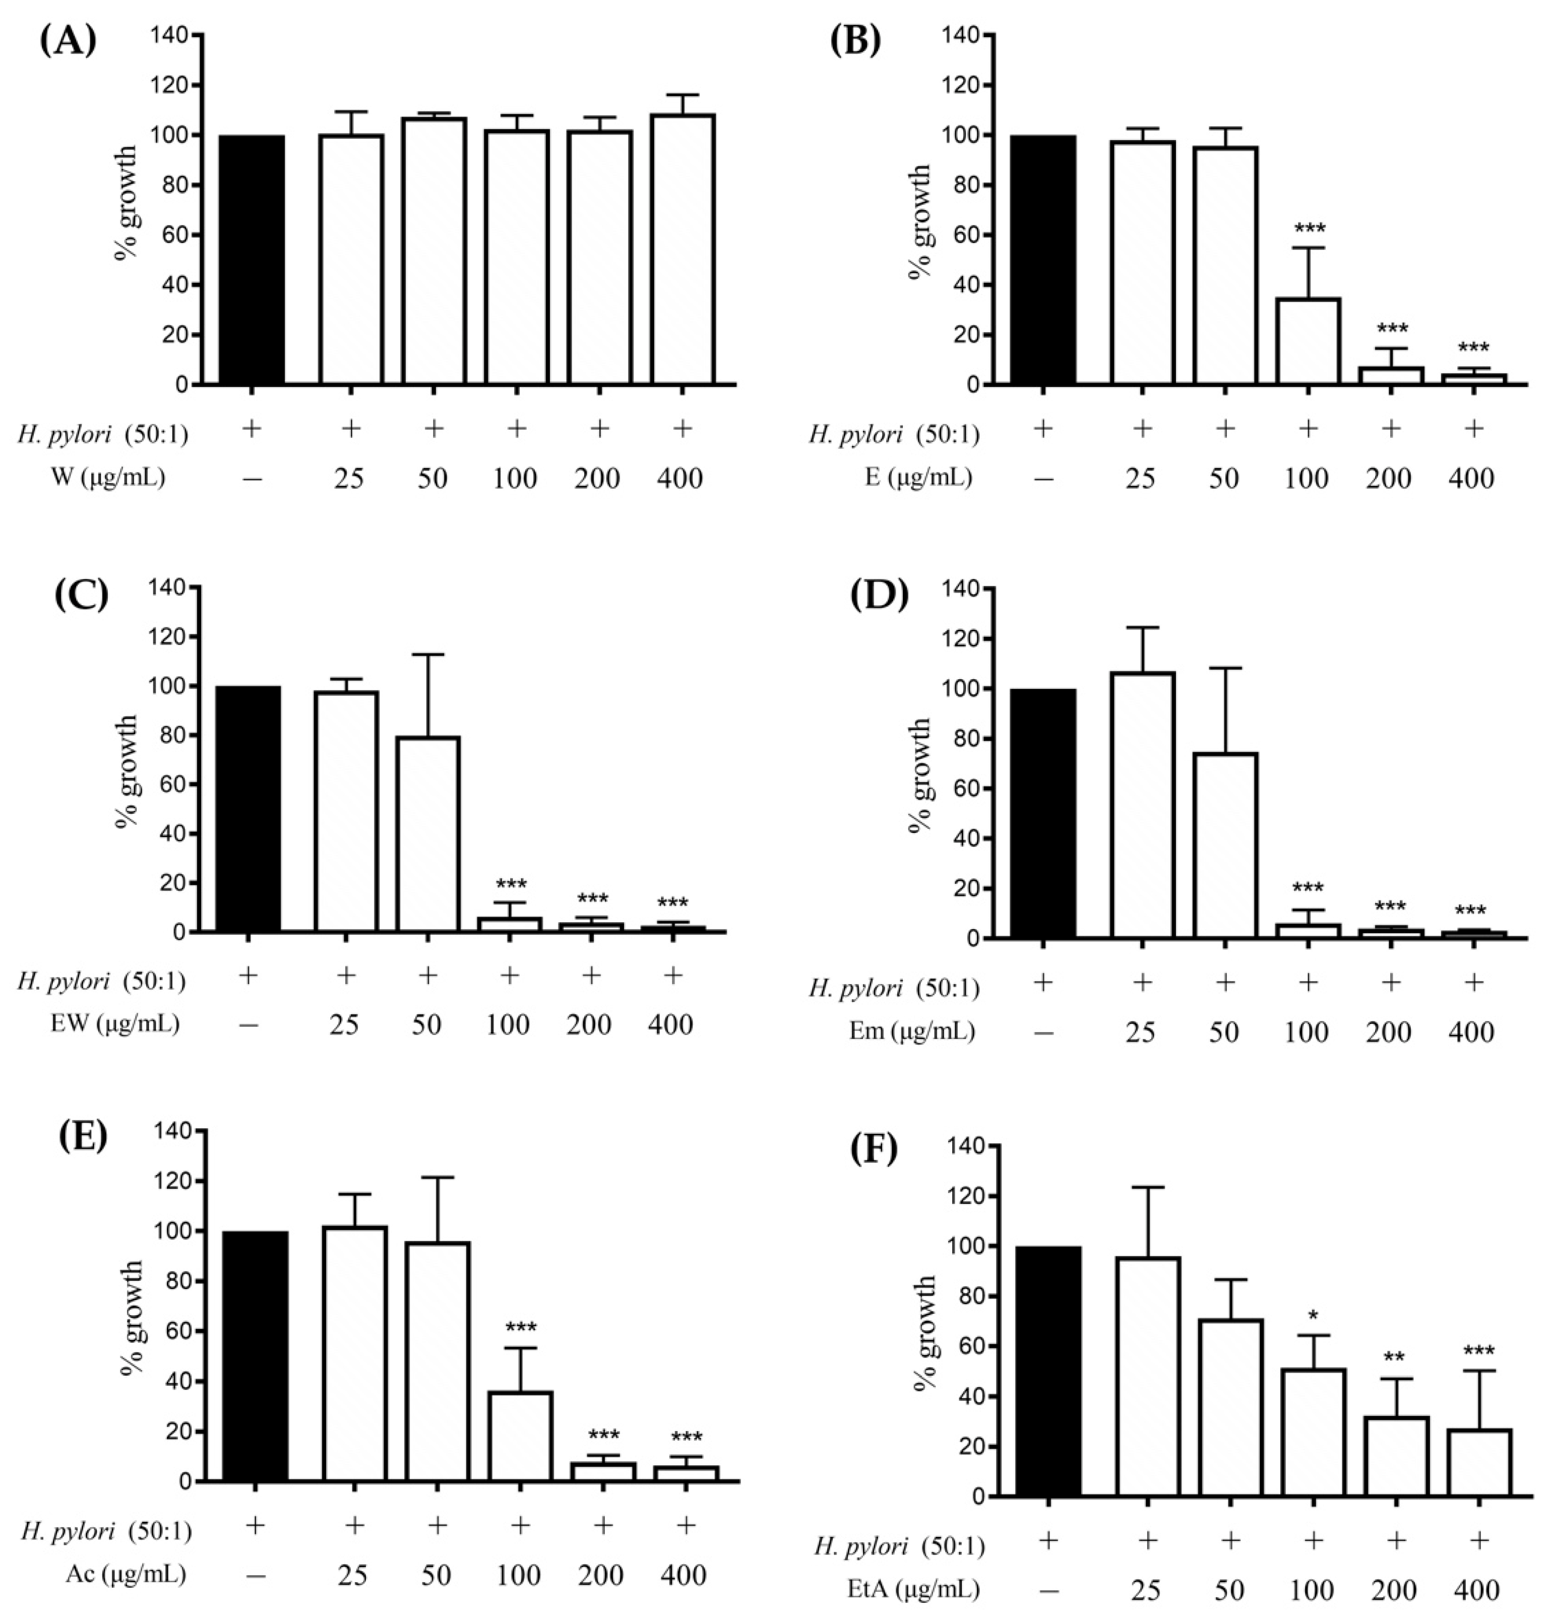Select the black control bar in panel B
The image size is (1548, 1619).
click(x=1043, y=260)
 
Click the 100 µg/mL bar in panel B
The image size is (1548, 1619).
click(x=1308, y=342)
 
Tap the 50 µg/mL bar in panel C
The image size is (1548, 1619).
click(x=427, y=834)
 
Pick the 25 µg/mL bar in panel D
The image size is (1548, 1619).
click(x=1142, y=805)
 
